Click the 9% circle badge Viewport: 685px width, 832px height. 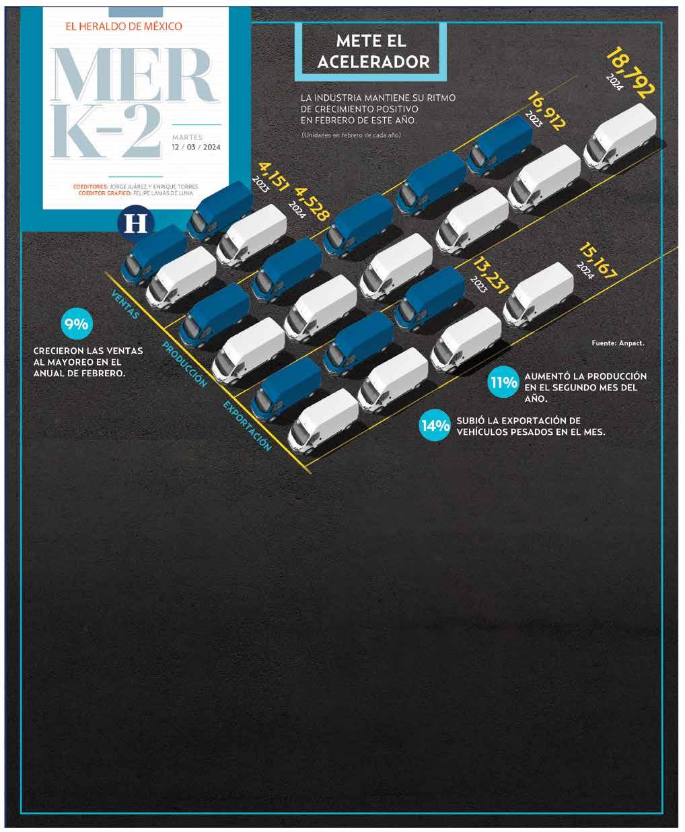[76, 324]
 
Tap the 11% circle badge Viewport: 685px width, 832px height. [503, 383]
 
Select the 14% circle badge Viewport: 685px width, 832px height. [435, 425]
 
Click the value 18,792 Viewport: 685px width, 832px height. [630, 73]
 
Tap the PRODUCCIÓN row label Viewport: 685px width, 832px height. [184, 364]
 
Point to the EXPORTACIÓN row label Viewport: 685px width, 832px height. [247, 426]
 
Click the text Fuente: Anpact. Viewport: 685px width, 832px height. [618, 343]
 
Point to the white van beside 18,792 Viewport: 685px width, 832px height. [620, 136]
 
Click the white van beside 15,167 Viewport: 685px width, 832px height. [538, 291]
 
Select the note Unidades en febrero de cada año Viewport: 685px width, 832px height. [351, 136]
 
